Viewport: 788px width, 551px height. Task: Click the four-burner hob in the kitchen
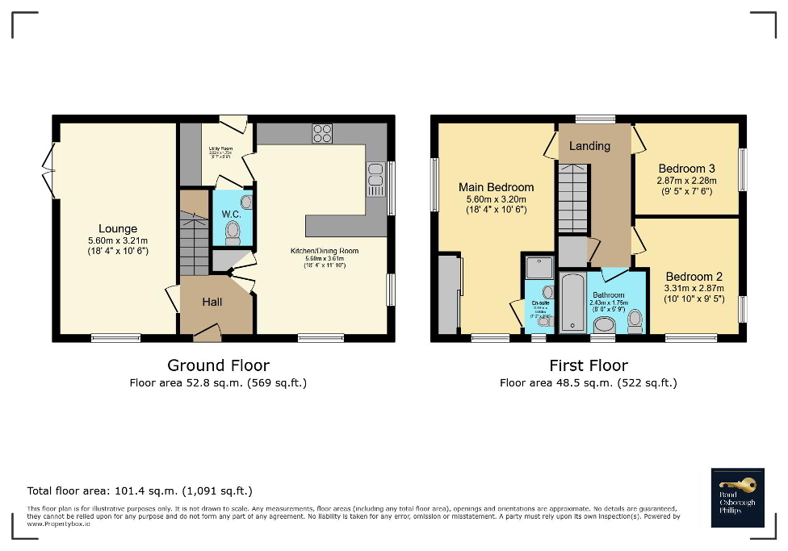322,133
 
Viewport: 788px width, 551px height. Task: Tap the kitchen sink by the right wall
375,179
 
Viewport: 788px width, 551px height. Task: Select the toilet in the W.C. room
233,232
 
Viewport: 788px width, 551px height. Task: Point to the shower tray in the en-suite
538,267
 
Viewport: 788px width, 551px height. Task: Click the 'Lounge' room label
118,228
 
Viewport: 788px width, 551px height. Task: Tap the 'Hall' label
212,302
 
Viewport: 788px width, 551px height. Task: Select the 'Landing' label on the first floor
589,146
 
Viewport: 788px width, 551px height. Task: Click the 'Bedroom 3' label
686,169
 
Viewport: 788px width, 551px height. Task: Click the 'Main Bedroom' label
497,187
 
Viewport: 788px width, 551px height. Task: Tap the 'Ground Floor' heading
218,365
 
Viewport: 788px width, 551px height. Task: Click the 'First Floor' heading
588,365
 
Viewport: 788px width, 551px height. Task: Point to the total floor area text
140,490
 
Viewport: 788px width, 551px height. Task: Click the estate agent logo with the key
738,497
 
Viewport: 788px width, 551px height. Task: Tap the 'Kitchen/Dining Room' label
325,251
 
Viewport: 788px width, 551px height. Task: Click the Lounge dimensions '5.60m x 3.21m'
118,240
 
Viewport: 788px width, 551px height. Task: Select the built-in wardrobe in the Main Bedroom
448,294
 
